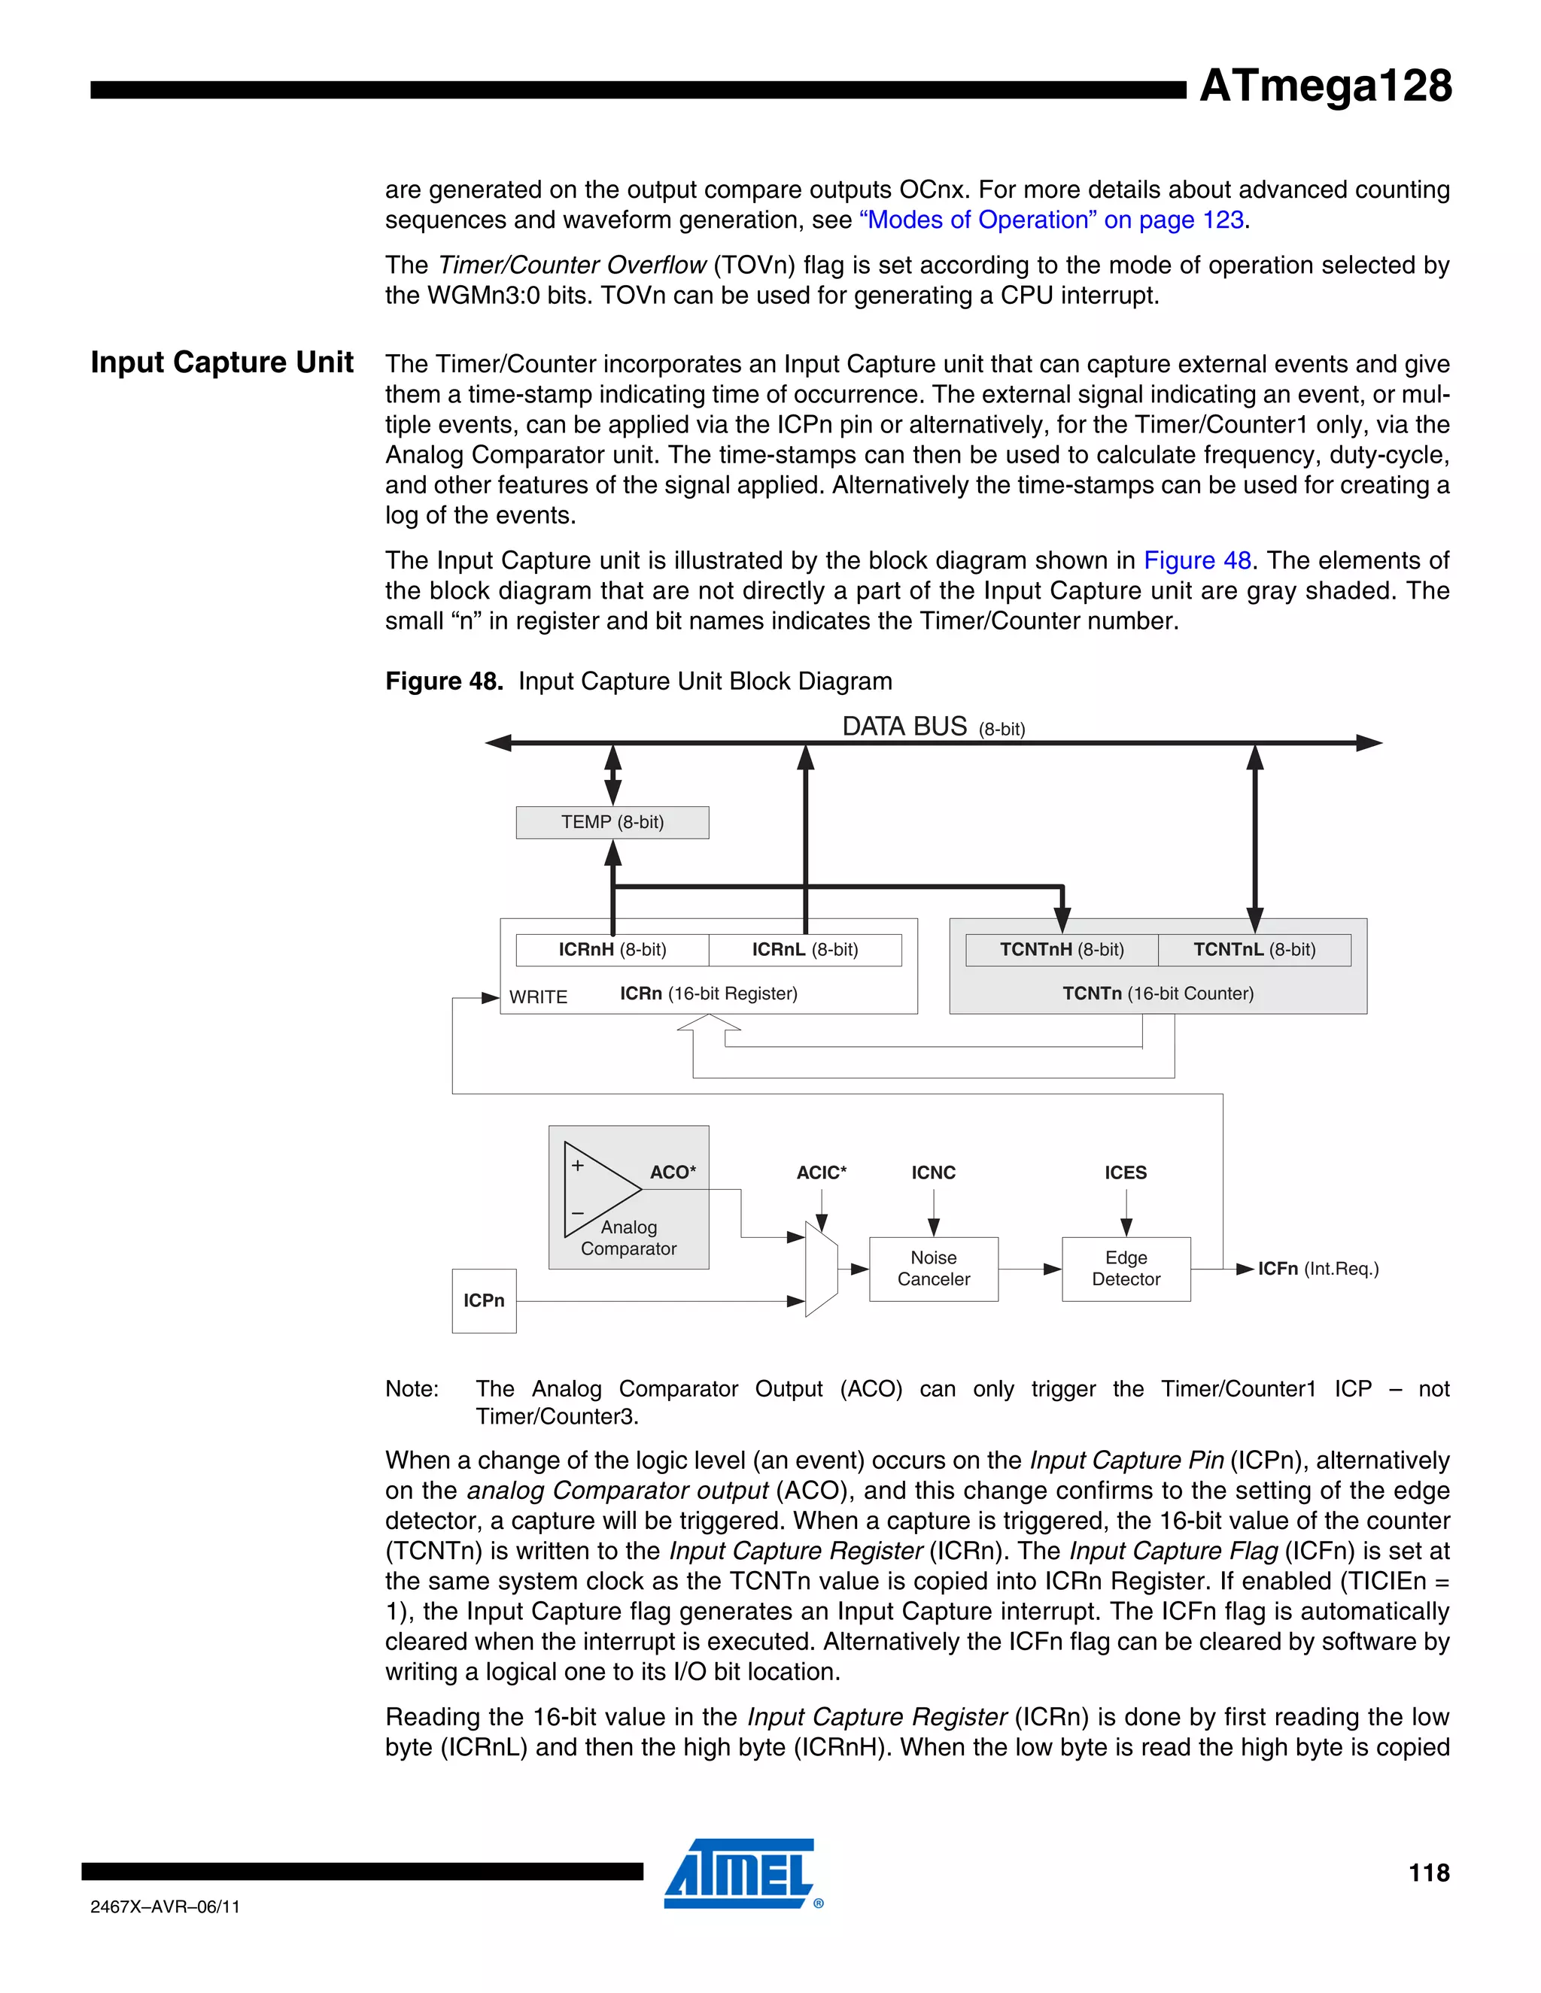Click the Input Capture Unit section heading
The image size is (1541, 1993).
tap(222, 363)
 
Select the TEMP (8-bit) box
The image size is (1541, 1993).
tap(612, 822)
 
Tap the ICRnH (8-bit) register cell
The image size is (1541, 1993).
tap(612, 950)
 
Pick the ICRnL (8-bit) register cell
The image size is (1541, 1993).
tap(805, 950)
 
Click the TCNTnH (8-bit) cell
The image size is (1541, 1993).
tap(1062, 950)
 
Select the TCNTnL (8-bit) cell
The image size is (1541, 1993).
tap(1254, 950)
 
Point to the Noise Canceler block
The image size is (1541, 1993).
tap(933, 1269)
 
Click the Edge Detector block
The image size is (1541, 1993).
tap(1126, 1269)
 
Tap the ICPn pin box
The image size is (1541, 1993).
tap(484, 1300)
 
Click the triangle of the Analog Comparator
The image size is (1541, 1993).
tap(598, 1189)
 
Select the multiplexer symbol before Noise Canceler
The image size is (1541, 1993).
tap(821, 1269)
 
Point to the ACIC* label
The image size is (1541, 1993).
tap(821, 1172)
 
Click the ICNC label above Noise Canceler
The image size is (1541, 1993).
tap(933, 1172)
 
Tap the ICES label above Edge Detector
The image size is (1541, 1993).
tap(1126, 1172)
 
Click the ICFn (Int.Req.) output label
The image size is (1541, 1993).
tap(1318, 1269)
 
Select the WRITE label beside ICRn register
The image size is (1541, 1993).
tap(539, 997)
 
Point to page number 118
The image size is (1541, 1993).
tap(1429, 1873)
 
